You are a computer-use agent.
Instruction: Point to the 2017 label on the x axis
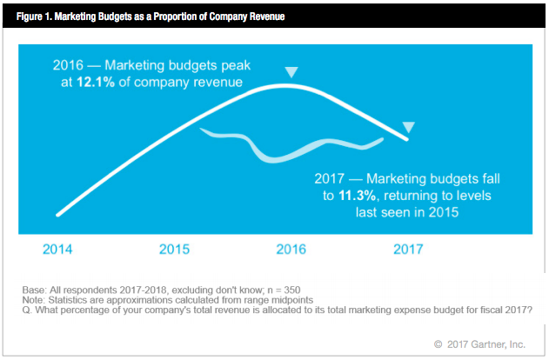pyautogui.click(x=407, y=249)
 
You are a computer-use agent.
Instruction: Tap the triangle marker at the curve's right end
pyautogui.click(x=408, y=128)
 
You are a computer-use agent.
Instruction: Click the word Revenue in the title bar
pyautogui.click(x=266, y=17)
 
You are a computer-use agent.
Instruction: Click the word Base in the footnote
pyautogui.click(x=34, y=290)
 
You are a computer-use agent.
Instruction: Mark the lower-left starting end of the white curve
pyautogui.click(x=57, y=213)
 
